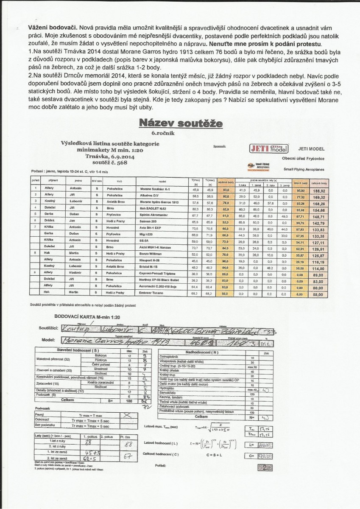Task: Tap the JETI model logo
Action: (x=270, y=149)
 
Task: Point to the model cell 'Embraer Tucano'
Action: (x=152, y=293)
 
